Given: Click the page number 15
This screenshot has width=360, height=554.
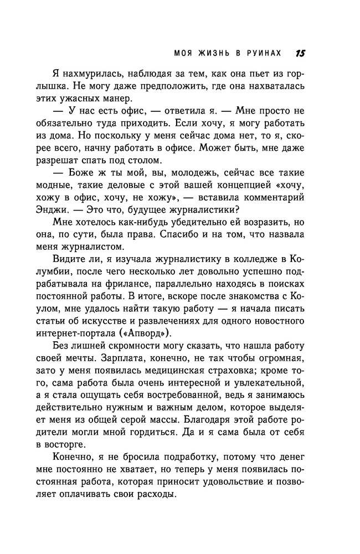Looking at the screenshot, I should pyautogui.click(x=301, y=53).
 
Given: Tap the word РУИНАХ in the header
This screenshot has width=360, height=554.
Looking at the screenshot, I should pyautogui.click(x=263, y=54).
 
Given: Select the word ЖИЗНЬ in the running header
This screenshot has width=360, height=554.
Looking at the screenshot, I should pyautogui.click(x=210, y=54).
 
